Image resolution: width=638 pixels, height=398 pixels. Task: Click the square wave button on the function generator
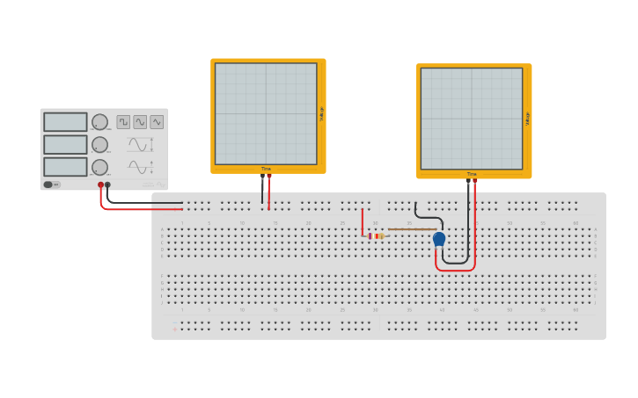(x=123, y=122)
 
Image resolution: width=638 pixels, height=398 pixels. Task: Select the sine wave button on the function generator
(x=140, y=122)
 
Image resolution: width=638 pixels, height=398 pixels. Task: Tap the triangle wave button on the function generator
(x=157, y=122)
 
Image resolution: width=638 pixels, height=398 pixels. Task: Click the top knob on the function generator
(x=100, y=122)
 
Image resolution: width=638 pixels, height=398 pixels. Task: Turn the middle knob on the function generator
(x=100, y=144)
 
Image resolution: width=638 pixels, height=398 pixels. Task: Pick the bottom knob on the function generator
(x=100, y=167)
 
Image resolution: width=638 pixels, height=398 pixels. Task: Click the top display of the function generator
(x=65, y=122)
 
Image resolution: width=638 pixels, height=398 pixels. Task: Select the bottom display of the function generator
(x=65, y=166)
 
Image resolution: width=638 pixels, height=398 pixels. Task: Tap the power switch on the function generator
(x=52, y=185)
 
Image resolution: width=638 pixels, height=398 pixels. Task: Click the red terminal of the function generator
(x=101, y=185)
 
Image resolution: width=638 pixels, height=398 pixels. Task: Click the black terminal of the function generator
(x=108, y=185)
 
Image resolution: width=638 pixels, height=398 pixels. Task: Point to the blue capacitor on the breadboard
(x=439, y=239)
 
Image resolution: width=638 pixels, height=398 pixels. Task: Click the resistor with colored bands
(x=376, y=235)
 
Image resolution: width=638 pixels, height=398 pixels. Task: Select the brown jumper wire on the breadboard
(x=412, y=229)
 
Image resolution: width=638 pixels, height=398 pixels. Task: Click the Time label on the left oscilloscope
(x=266, y=169)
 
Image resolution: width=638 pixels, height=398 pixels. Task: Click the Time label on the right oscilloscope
(x=472, y=174)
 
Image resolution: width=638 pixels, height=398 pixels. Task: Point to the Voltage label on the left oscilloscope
(x=321, y=113)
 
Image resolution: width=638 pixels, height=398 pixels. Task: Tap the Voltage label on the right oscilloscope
(x=527, y=119)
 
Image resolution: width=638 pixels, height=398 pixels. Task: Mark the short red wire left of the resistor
(x=362, y=221)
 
